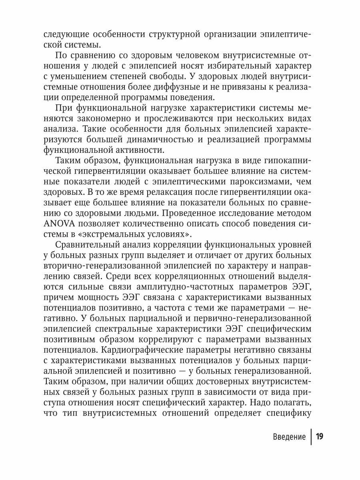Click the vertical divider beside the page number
pos(310,436)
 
